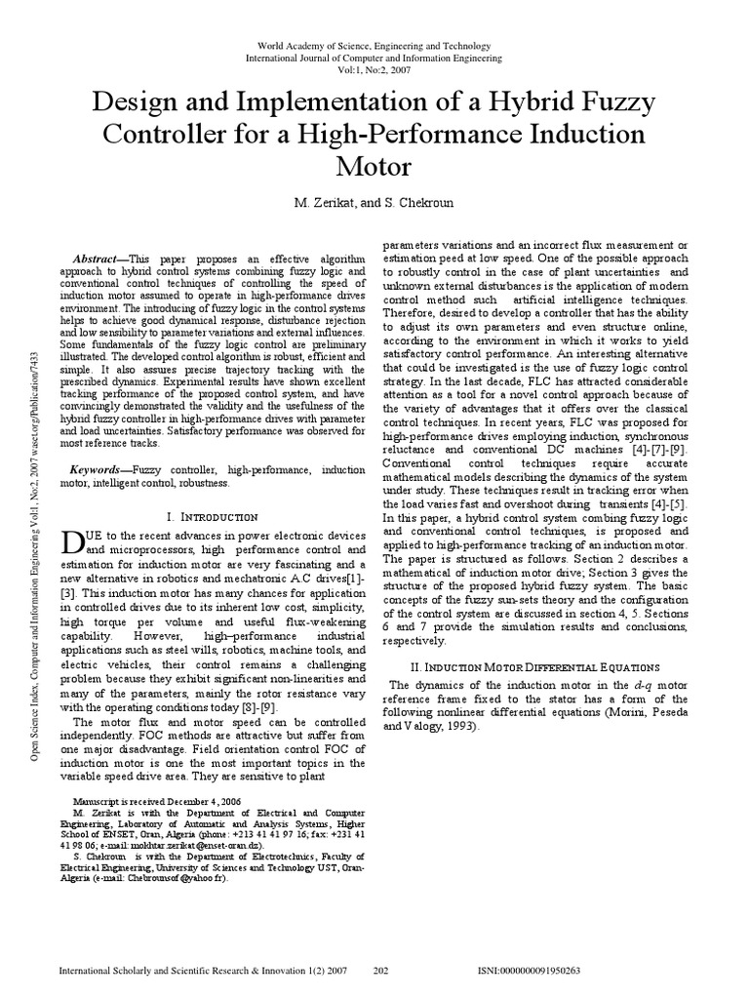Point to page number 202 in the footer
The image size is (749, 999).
tap(382, 972)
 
